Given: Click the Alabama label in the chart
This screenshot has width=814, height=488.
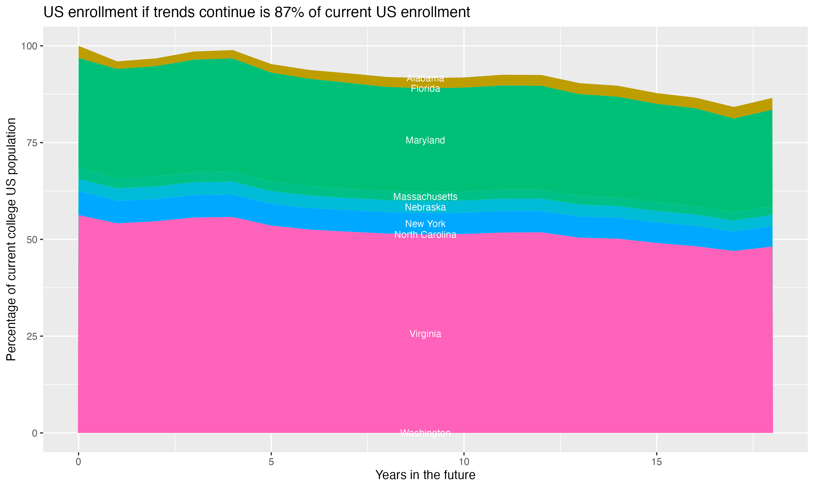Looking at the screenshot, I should click(x=425, y=78).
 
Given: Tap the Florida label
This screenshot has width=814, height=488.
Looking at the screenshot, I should click(x=425, y=88).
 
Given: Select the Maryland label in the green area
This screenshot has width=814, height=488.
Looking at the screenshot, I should click(x=425, y=140).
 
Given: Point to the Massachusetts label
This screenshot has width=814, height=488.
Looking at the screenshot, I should click(x=425, y=197).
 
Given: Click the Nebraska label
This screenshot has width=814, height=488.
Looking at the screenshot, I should click(x=425, y=207).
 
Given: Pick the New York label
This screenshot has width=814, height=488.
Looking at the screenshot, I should click(x=425, y=224).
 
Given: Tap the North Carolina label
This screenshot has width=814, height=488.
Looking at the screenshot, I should click(x=425, y=235).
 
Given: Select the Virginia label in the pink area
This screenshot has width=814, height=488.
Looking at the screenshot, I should click(x=425, y=334).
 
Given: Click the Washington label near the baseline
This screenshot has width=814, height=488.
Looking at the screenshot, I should click(x=425, y=433).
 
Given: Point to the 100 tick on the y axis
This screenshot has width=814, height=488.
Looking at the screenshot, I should click(x=29, y=46).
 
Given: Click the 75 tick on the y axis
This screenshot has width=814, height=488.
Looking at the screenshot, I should click(x=31, y=143).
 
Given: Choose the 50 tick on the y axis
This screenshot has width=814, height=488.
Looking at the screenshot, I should click(x=31, y=240).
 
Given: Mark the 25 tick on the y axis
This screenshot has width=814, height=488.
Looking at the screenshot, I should click(x=31, y=336).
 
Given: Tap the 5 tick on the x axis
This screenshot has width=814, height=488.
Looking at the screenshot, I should click(x=271, y=462).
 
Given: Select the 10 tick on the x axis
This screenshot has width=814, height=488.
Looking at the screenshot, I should click(x=464, y=462).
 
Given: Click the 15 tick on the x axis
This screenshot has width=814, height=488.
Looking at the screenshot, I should click(x=656, y=462).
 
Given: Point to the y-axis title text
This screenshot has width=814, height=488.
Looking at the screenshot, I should click(x=11, y=239).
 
